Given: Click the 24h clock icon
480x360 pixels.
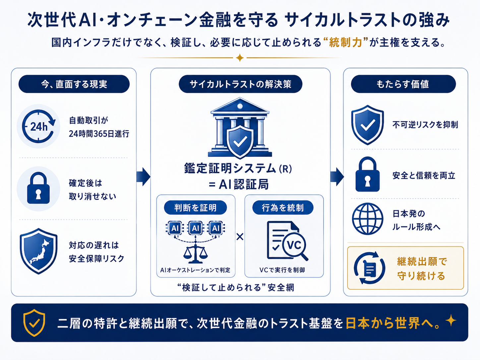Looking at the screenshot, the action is tap(38, 126).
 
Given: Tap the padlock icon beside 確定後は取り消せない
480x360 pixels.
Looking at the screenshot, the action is tap(38, 188).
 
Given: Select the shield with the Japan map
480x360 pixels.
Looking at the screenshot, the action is tap(38, 251).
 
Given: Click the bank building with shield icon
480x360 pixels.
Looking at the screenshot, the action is tap(240, 128).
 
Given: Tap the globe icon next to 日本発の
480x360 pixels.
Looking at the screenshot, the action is tap(368, 219).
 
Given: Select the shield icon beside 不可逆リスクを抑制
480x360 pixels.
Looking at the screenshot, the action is tap(368, 125).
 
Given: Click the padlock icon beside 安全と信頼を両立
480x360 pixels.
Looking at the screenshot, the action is tap(368, 174).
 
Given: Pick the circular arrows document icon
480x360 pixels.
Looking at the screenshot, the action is tap(369, 268).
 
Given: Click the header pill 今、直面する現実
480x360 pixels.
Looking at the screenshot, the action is tap(74, 84).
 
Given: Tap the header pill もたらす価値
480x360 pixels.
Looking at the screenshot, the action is tap(403, 84).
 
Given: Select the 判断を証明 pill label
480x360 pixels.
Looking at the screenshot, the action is tap(195, 208).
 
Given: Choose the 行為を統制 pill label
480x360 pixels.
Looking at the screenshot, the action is tap(283, 208).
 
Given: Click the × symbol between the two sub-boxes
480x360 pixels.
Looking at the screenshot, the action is tap(240, 236).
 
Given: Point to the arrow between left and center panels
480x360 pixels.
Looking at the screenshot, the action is tap(144, 177).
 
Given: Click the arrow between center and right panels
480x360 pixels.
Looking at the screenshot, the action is tap(337, 177).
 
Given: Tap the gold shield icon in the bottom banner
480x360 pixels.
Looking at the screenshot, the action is tap(34, 323).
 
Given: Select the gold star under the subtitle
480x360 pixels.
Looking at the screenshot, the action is tap(240, 58).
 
